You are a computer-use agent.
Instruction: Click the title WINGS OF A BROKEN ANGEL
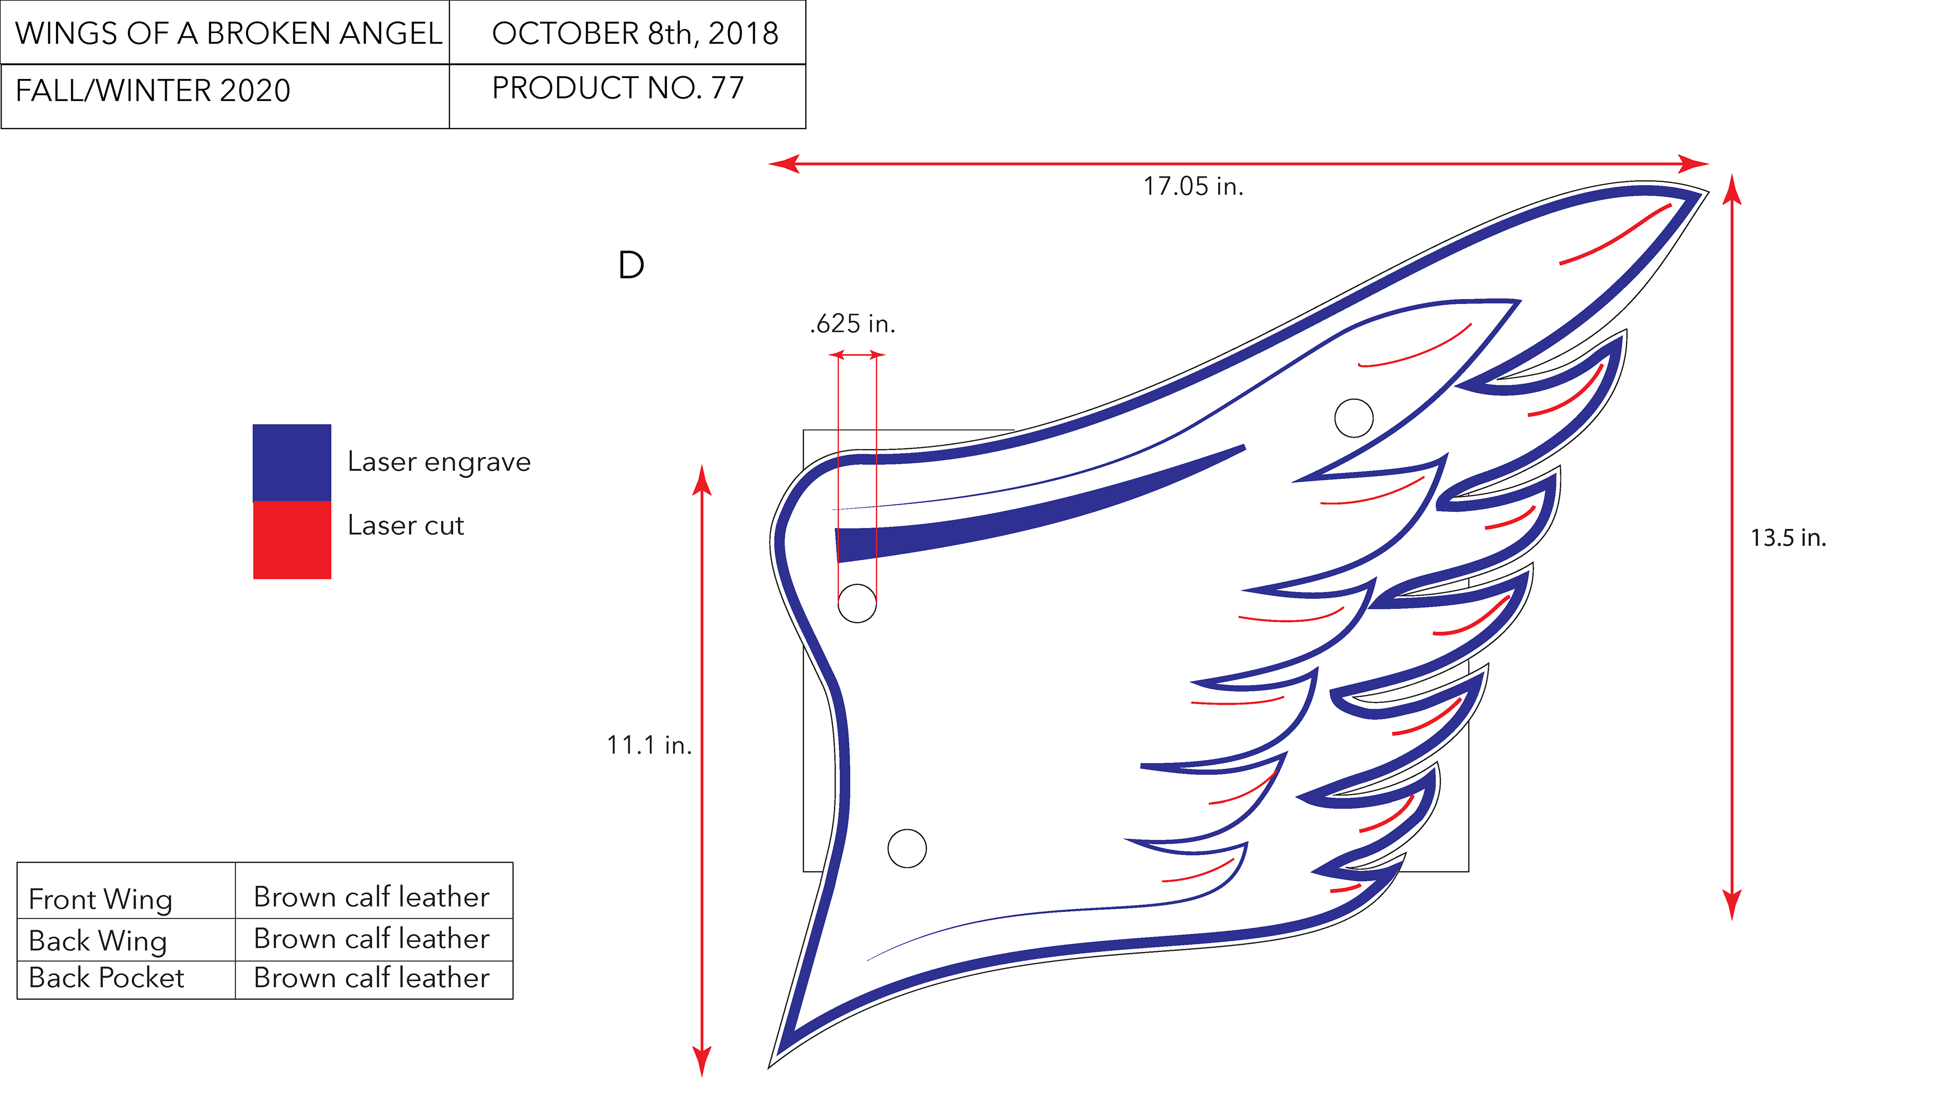point(228,34)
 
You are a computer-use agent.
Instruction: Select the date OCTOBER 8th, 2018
point(635,34)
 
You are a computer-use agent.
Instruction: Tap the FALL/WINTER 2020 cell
point(153,90)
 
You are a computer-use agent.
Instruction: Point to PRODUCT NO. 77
point(617,88)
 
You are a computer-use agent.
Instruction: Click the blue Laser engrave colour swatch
point(292,462)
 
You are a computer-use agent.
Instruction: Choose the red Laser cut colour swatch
point(292,540)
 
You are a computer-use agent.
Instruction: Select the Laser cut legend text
point(406,525)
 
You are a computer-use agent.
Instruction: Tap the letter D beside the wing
point(631,265)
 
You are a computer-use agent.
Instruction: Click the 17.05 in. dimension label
point(1193,186)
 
